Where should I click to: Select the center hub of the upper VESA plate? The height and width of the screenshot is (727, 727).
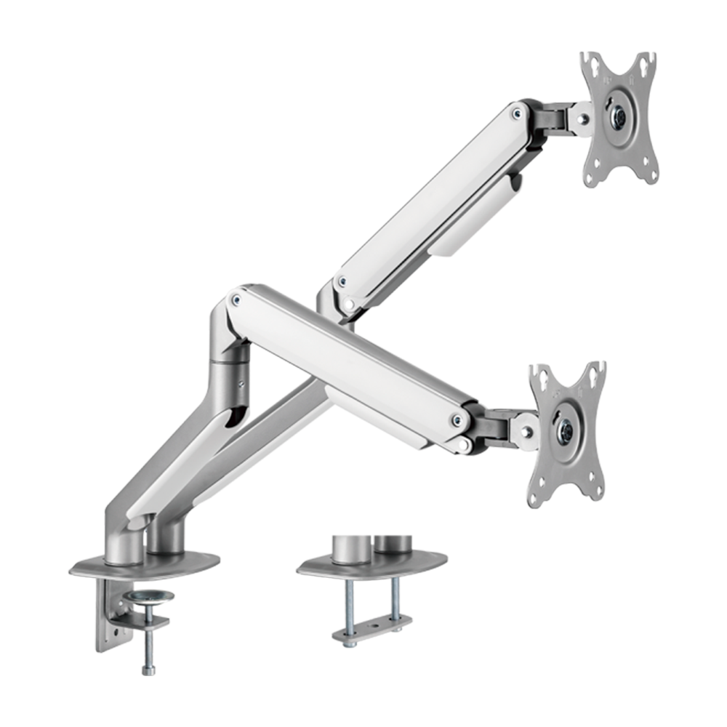[619, 115]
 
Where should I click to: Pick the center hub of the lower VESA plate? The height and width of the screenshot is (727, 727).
[566, 428]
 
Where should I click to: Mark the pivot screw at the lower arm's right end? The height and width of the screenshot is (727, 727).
[457, 418]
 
